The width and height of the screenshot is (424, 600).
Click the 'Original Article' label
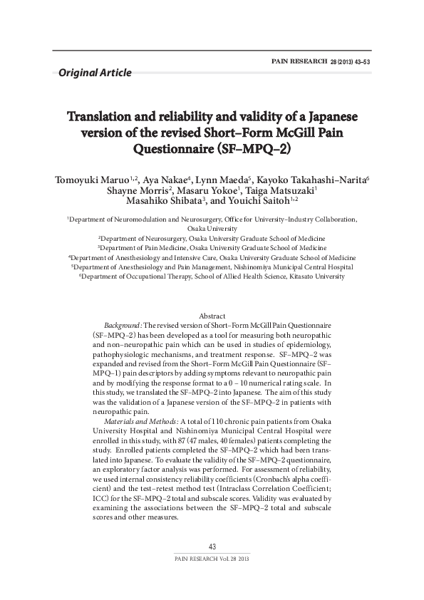pos(95,72)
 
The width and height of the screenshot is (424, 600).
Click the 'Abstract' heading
pos(212,315)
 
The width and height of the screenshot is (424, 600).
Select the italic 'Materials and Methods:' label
pos(139,422)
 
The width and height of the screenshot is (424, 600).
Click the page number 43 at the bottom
pos(212,547)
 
